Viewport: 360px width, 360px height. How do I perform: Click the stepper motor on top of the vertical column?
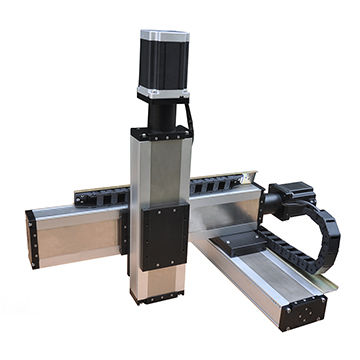coord(162,66)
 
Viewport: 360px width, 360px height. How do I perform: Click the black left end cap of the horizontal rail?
coord(32,239)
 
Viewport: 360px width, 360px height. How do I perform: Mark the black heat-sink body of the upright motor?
coord(162,66)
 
